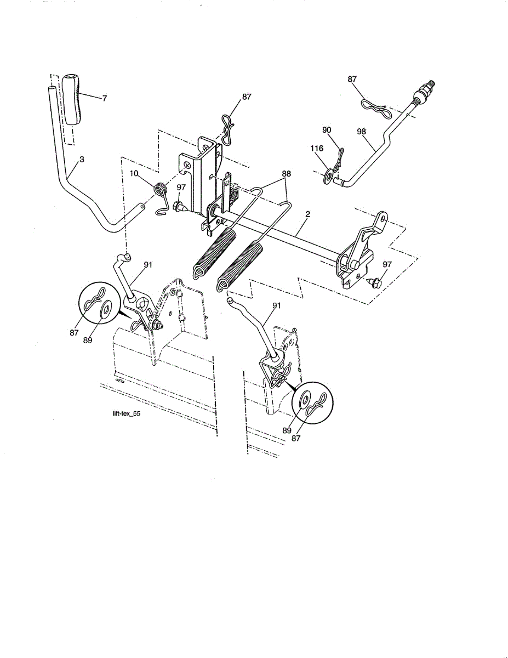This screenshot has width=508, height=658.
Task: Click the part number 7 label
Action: pyautogui.click(x=104, y=98)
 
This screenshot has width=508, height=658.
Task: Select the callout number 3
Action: pyautogui.click(x=82, y=160)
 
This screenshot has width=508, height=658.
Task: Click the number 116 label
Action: pyautogui.click(x=317, y=149)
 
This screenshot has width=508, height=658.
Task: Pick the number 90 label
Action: pyautogui.click(x=327, y=130)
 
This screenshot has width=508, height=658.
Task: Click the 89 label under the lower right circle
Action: pyautogui.click(x=287, y=431)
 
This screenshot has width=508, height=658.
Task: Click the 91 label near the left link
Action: pyautogui.click(x=148, y=264)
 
